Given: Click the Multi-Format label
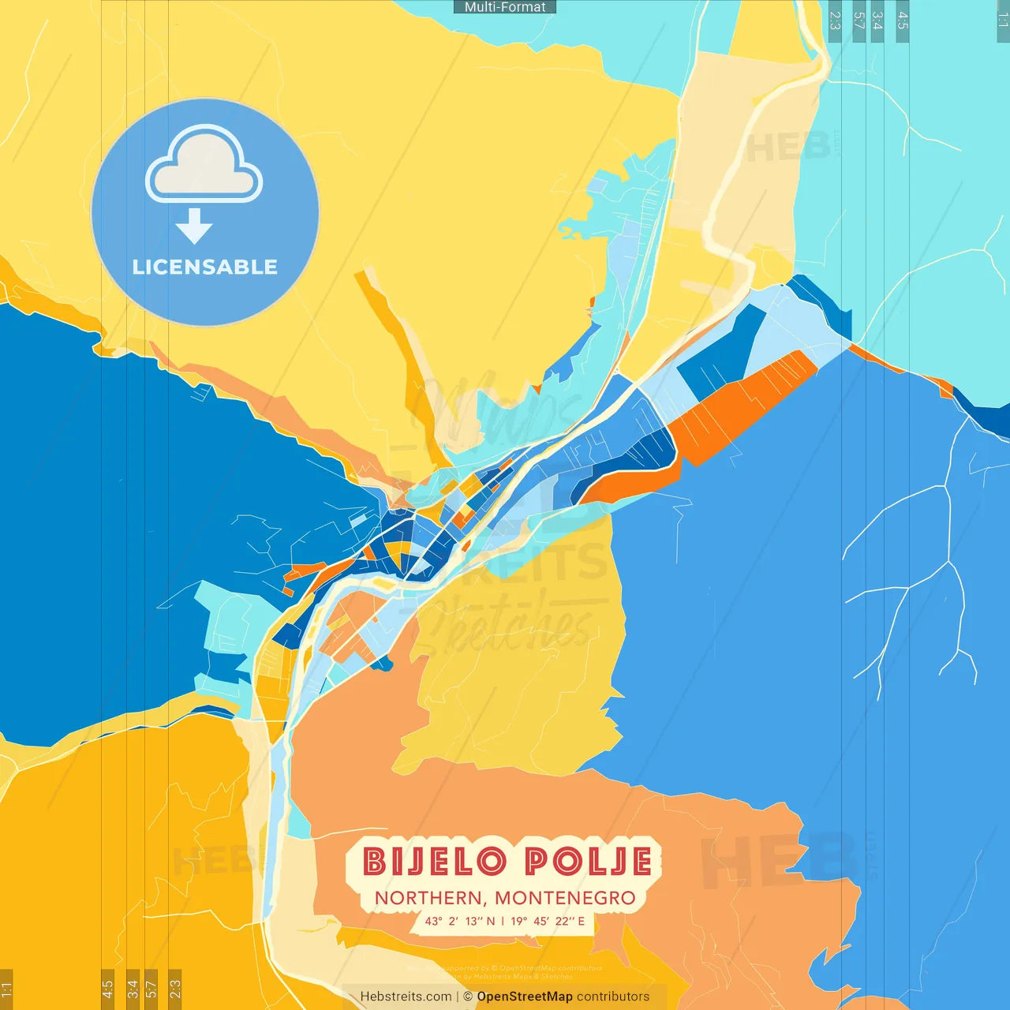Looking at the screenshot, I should (505, 7).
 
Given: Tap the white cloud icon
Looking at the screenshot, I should (204, 164).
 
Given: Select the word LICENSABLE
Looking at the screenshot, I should (204, 267).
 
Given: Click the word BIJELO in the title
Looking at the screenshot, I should (435, 862).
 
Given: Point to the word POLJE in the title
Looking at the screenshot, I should (589, 862).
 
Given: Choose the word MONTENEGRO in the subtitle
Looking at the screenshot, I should (565, 898).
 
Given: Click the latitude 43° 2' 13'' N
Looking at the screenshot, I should (460, 921).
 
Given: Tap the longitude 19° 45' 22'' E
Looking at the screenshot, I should (548, 921).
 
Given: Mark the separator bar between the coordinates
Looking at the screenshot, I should (503, 921).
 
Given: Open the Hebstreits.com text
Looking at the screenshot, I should (406, 997).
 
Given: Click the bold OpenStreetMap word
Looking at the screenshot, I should (525, 997).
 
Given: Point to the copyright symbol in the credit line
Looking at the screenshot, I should (468, 997).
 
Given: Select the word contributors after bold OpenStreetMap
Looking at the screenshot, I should (613, 997).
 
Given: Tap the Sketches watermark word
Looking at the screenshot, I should (505, 627).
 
